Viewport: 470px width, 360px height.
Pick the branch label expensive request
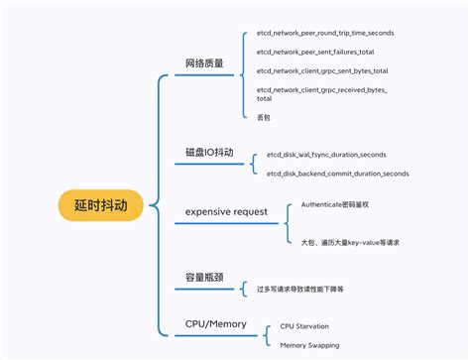[226, 211]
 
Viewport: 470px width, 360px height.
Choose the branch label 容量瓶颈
[204, 278]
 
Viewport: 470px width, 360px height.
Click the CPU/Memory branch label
[215, 324]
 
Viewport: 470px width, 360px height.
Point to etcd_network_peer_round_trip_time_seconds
[324, 34]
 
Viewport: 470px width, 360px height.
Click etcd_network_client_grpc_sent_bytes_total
[321, 71]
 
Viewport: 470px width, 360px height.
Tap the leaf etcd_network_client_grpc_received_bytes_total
[321, 94]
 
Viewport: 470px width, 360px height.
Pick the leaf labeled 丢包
[263, 117]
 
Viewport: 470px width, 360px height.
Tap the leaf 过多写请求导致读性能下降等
[300, 289]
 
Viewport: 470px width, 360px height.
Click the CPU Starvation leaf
[304, 325]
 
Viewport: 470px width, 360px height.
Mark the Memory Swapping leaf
[308, 345]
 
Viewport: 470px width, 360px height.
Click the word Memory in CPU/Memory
[228, 324]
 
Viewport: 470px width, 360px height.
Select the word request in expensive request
[251, 211]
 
